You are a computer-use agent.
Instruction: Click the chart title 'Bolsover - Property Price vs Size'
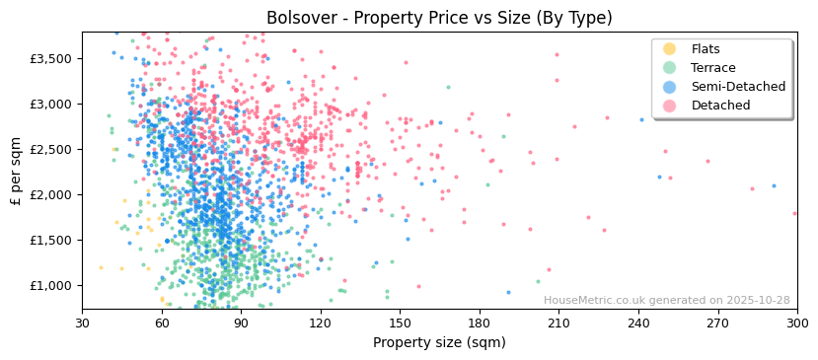click(x=439, y=18)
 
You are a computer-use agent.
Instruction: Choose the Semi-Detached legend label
click(x=738, y=87)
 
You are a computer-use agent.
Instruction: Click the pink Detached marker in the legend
click(x=669, y=106)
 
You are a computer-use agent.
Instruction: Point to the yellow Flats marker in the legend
click(x=669, y=49)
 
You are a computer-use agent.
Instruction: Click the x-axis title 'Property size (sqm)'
click(x=439, y=343)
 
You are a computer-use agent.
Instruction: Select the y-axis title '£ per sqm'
click(x=16, y=171)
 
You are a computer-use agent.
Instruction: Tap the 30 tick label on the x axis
click(x=82, y=323)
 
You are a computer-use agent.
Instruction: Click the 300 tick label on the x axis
click(x=797, y=323)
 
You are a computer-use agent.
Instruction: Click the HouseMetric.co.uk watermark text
click(x=666, y=301)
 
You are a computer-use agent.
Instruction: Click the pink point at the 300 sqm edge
click(x=794, y=213)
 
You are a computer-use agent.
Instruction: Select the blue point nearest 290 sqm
click(x=774, y=185)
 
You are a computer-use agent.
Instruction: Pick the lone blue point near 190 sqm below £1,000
click(x=508, y=292)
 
